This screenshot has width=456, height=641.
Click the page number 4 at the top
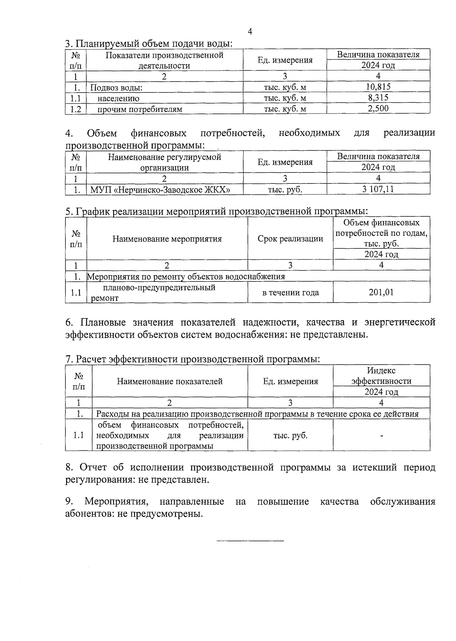click(250, 32)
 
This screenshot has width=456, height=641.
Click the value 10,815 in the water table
click(378, 87)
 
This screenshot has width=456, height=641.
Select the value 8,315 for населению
click(378, 98)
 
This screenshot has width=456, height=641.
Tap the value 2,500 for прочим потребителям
click(378, 109)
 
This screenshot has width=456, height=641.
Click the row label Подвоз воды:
click(116, 88)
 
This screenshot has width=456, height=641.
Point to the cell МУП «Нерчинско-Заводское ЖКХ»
click(160, 189)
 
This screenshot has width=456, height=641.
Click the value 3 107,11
click(378, 189)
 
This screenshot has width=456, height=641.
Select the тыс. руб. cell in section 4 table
click(285, 189)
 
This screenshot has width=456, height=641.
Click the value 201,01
click(381, 292)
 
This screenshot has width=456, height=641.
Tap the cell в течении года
click(290, 292)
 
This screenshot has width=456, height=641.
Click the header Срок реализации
click(290, 238)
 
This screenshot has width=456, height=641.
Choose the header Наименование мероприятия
click(167, 239)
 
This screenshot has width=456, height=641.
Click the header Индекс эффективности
click(381, 376)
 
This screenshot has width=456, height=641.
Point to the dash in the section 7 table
click(381, 436)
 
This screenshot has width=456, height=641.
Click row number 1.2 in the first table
click(76, 109)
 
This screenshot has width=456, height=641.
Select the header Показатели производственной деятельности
click(164, 60)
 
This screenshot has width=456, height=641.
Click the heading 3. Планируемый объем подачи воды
click(149, 43)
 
